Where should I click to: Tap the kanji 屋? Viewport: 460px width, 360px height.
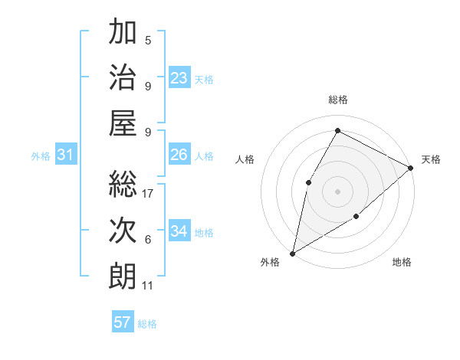(x=123, y=123)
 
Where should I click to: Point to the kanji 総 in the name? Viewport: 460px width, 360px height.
(x=123, y=184)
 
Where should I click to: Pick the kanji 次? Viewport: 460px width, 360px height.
(x=123, y=230)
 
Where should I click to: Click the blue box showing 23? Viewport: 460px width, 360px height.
(x=179, y=77)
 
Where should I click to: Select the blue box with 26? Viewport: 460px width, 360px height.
(x=179, y=155)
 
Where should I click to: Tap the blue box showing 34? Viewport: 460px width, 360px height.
(x=179, y=231)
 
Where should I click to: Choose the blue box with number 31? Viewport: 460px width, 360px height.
(x=66, y=155)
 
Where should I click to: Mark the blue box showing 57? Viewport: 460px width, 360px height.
(x=122, y=322)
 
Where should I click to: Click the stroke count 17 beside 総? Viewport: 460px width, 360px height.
(x=149, y=194)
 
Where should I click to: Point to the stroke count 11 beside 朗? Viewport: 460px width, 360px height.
(x=147, y=286)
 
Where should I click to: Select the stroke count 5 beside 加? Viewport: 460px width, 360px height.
(x=148, y=41)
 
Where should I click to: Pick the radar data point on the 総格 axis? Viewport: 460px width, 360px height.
(x=337, y=131)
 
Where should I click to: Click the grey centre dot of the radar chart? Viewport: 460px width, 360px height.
(x=337, y=191)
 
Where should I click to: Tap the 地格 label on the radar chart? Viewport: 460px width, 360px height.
(x=402, y=262)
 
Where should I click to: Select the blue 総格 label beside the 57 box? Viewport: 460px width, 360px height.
(x=147, y=323)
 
